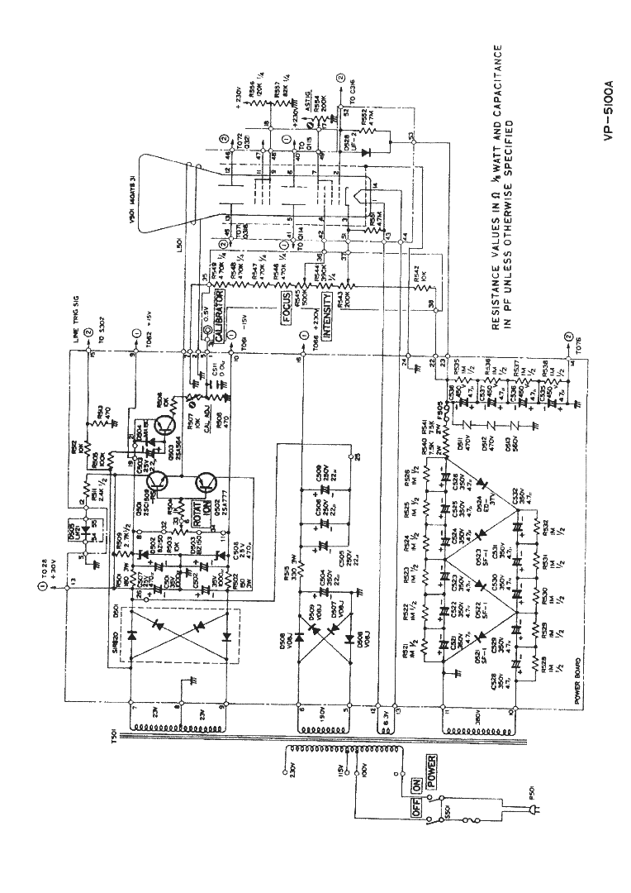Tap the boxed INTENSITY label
tap(328, 316)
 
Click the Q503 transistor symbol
tap(166, 424)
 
